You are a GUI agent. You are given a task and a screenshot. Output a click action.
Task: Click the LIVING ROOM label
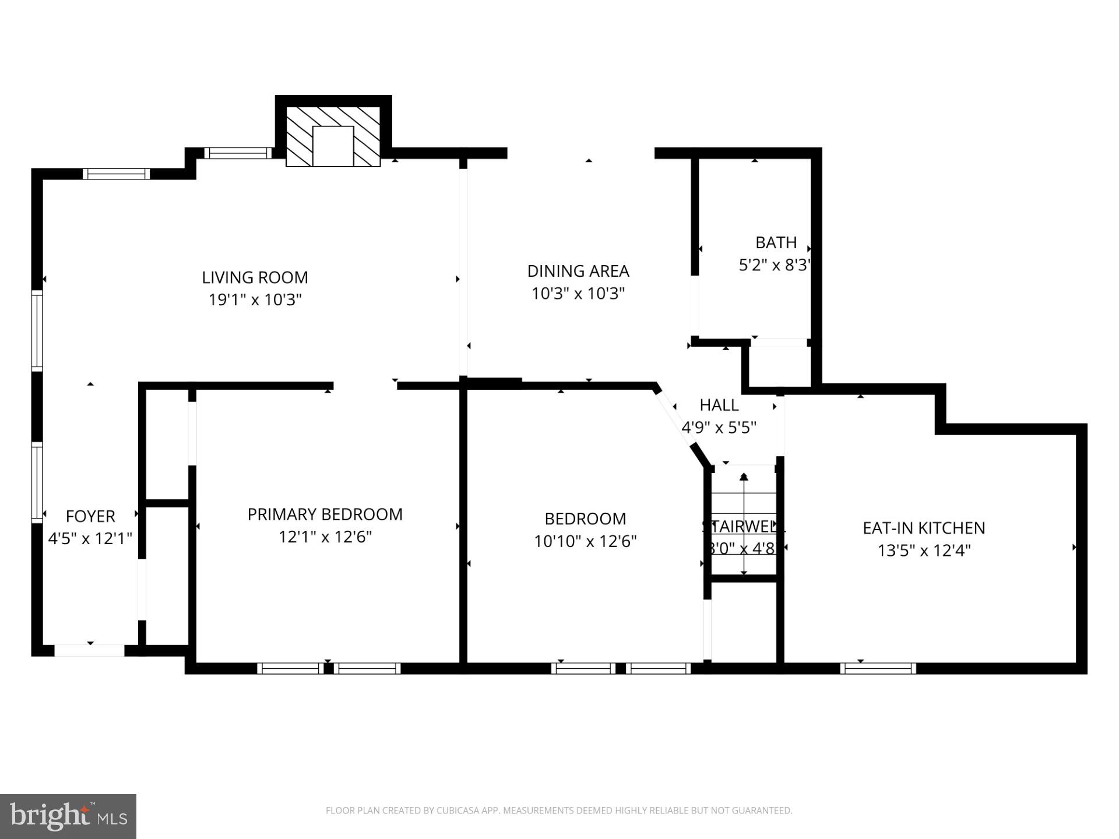255,277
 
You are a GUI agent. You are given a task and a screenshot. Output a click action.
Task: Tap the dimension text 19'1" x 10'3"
255,300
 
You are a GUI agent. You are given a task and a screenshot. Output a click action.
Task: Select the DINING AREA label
578,271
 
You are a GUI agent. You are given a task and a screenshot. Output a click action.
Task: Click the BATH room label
776,242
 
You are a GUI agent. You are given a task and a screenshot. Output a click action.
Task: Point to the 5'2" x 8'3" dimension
775,266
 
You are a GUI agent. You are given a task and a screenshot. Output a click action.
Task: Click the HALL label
719,405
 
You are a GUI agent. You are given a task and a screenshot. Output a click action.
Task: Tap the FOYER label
90,516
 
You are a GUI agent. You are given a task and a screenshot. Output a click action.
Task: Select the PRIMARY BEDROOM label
325,514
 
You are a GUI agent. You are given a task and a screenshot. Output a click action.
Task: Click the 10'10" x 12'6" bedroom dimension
585,542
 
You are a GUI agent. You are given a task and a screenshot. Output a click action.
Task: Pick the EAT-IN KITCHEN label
924,528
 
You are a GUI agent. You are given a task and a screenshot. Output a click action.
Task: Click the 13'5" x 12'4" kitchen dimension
924,551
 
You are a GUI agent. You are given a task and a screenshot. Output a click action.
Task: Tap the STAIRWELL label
744,527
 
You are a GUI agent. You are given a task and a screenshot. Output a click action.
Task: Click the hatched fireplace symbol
333,136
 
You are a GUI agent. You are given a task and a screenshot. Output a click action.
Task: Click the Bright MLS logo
68,816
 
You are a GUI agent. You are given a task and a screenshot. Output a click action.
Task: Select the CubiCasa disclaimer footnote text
559,810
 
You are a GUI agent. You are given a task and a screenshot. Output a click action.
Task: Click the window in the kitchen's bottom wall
878,668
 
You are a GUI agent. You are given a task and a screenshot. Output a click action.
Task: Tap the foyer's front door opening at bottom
90,650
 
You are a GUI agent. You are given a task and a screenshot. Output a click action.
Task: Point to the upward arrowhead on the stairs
744,477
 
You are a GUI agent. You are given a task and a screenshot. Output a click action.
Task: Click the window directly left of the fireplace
238,153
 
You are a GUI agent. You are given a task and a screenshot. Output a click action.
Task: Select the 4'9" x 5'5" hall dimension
719,428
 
